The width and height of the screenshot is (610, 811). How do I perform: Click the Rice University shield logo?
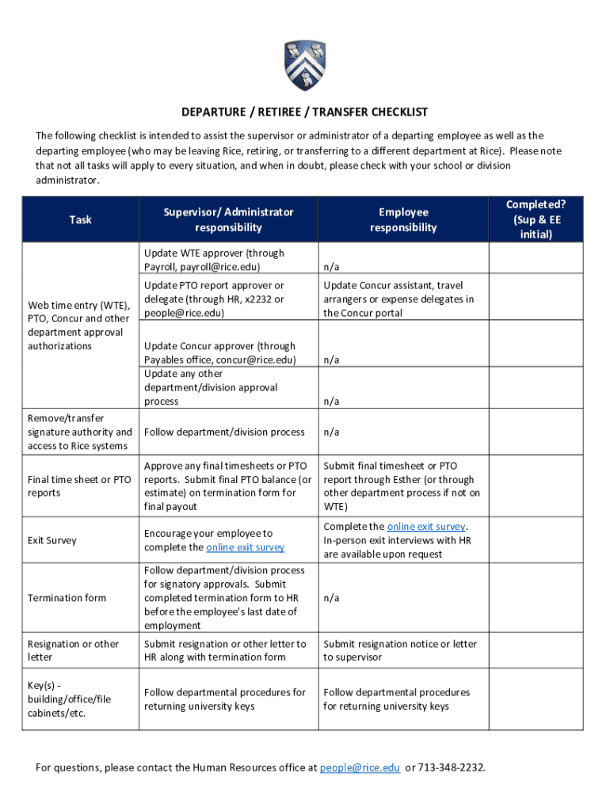pyautogui.click(x=305, y=66)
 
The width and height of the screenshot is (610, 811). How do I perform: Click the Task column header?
pyautogui.click(x=80, y=219)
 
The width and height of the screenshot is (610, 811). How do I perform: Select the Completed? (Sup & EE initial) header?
pyautogui.click(x=536, y=219)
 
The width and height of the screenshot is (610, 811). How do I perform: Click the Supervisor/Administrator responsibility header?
pyautogui.click(x=228, y=219)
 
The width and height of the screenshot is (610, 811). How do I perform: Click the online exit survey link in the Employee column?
pyautogui.click(x=427, y=527)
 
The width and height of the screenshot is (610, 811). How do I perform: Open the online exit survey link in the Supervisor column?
pyautogui.click(x=245, y=547)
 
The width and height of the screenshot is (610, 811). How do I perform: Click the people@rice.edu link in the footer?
pyautogui.click(x=360, y=767)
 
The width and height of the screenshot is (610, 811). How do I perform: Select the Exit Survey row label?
pyautogui.click(x=52, y=540)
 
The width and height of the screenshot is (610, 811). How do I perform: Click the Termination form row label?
pyautogui.click(x=67, y=597)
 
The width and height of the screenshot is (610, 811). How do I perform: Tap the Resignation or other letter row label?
pyautogui.click(x=73, y=650)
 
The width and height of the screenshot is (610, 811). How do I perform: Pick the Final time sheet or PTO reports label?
pyautogui.click(x=79, y=485)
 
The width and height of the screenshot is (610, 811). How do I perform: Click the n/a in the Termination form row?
pyautogui.click(x=331, y=598)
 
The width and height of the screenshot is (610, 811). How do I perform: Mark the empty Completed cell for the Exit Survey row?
pyautogui.click(x=536, y=540)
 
